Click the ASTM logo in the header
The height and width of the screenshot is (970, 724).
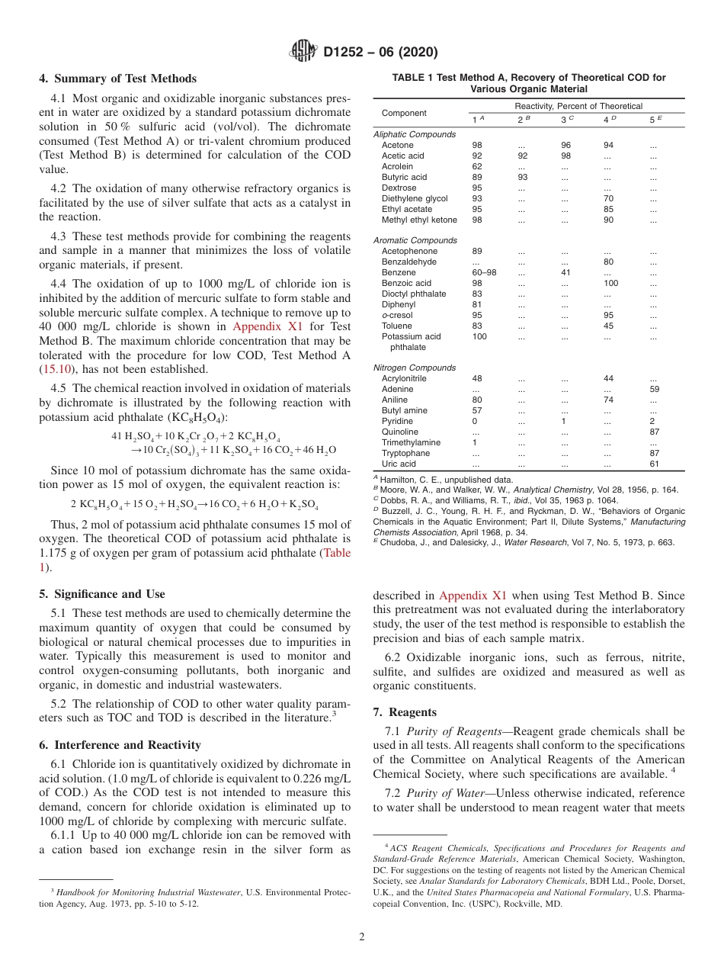304,52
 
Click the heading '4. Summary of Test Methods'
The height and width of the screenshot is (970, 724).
117,79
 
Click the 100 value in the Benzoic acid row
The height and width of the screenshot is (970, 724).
613,283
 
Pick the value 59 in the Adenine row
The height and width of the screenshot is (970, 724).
654,389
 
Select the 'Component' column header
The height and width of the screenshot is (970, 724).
404,113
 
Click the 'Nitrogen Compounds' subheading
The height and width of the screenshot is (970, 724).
415,368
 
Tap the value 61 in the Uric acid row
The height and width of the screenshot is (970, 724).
654,464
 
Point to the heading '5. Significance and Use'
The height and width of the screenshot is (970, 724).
102,594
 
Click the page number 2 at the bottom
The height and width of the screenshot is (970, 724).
362,937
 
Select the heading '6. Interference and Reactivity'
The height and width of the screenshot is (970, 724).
120,745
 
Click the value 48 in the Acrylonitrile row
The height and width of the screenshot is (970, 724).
477,378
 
